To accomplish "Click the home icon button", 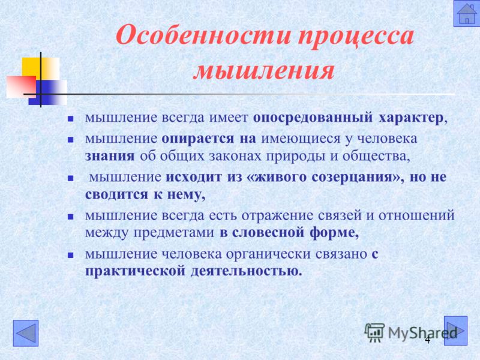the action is coord(466,13).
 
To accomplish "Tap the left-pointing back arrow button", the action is coord(26,333).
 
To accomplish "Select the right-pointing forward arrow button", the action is coord(455,331).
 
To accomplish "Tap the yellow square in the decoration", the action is coord(40,68).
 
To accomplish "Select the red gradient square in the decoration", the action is coord(21,87).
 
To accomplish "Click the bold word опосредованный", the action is coord(313,118).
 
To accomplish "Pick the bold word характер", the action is coord(411,118).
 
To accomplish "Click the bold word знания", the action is coord(110,156).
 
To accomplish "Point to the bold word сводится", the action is coord(116,194).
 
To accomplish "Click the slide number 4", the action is coord(427,340).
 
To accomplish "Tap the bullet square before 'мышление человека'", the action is coord(71,255).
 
